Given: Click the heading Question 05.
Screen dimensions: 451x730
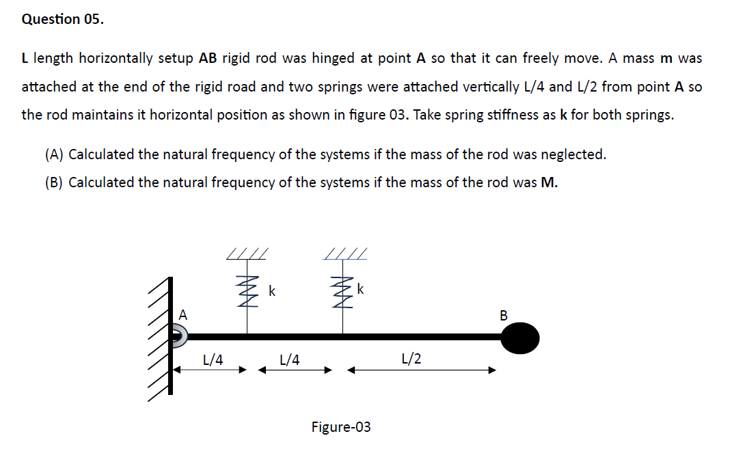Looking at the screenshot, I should [63, 19].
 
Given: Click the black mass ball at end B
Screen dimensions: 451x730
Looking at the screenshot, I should [520, 337].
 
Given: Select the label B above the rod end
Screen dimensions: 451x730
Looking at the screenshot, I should [504, 316].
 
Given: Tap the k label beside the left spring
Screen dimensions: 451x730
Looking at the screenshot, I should [271, 292].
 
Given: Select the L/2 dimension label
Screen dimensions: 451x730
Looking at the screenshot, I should [412, 358].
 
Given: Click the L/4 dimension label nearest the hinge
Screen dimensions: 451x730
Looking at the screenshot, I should [214, 358].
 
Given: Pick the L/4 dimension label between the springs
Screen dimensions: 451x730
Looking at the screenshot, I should [290, 358].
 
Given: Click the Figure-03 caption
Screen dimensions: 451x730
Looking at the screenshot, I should [341, 427].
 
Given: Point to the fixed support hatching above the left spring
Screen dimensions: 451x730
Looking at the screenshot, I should [247, 254].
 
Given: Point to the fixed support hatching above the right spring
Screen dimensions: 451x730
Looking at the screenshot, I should [347, 254].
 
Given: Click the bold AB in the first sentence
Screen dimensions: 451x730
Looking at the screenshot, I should [207, 58].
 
